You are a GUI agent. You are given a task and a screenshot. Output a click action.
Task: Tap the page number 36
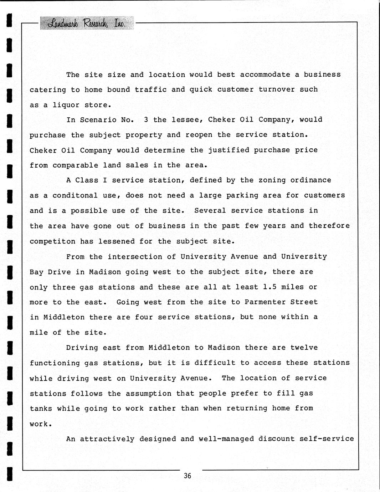pos(188,476)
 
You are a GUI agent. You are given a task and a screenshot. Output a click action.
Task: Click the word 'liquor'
pos(66,105)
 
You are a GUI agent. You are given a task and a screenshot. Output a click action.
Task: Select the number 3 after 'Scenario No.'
pos(146,120)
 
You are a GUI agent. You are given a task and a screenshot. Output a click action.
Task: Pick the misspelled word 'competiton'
pos(52,241)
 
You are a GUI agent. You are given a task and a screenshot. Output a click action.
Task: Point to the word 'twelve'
pos(304,348)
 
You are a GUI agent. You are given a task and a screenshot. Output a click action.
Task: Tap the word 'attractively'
pos(107,439)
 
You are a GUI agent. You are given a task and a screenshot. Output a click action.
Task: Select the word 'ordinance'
pos(310,180)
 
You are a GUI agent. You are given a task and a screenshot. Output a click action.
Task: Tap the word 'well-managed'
pos(226,439)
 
